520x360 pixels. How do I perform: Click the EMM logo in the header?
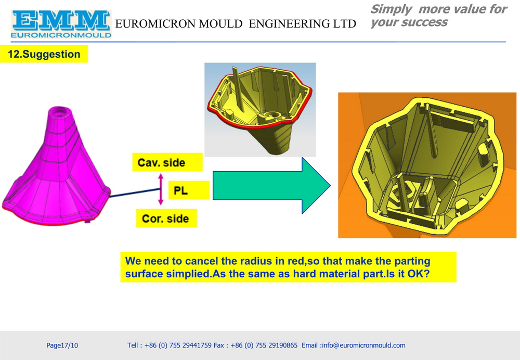point(61,24)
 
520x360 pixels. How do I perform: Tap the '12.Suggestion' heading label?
point(44,54)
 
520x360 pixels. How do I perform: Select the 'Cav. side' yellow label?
point(167,162)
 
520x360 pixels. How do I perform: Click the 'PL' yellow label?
point(189,190)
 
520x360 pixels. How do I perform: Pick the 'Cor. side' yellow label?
point(166,218)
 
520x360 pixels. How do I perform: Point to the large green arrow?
point(271,186)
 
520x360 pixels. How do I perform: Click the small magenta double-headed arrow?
point(161,189)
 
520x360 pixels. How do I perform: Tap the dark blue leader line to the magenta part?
point(135,193)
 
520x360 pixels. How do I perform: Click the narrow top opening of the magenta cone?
point(60,110)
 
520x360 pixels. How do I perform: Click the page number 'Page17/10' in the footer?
point(62,345)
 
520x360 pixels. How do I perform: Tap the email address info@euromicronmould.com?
point(363,345)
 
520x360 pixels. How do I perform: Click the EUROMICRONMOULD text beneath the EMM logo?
point(61,35)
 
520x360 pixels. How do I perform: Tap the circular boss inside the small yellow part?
point(269,115)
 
